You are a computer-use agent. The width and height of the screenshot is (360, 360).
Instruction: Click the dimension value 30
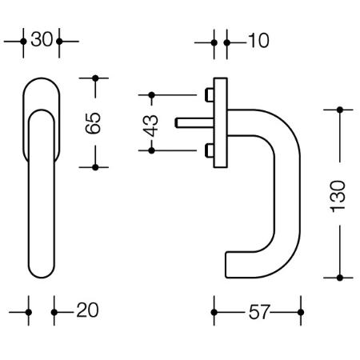tap(42, 39)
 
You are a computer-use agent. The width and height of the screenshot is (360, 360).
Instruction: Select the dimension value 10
tap(258, 41)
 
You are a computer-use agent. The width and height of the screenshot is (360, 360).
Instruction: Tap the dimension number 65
tap(93, 123)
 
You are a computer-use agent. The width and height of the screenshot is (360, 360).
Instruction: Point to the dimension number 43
tap(150, 126)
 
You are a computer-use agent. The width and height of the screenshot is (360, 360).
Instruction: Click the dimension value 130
tap(338, 197)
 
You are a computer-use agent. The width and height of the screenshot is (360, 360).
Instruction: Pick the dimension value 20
tap(87, 310)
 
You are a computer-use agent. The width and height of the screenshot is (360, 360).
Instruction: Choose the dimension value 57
tap(259, 312)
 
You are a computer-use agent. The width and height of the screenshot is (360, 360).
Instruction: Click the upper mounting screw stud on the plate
tap(210, 95)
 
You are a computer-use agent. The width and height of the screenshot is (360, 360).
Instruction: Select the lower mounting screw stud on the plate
tap(210, 150)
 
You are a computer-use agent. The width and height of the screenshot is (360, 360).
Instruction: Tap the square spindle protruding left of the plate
tap(194, 123)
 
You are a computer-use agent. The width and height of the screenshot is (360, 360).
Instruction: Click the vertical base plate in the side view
tap(221, 123)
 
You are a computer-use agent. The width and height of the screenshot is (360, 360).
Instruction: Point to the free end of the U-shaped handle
tap(226, 265)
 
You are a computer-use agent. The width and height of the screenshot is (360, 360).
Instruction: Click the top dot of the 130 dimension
tap(340, 110)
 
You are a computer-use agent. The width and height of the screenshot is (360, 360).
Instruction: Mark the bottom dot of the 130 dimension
tap(340, 278)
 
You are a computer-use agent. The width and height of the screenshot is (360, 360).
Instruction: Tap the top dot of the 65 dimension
tap(95, 78)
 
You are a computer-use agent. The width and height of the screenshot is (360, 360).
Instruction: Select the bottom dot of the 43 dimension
tap(151, 150)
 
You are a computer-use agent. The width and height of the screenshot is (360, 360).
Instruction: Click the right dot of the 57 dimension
tap(301, 312)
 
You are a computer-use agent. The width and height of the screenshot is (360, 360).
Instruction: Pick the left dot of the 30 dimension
tap(23, 42)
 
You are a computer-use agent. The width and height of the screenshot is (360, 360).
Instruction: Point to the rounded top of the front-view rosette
tap(42, 78)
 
